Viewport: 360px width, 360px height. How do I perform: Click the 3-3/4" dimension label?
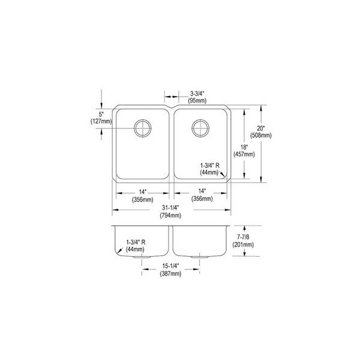tap(197, 94)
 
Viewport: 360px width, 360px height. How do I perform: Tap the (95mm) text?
tap(197, 101)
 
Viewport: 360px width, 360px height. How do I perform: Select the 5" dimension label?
tap(101, 114)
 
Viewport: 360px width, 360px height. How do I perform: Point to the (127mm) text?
tap(101, 121)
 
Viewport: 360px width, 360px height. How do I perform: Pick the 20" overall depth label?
tap(261, 128)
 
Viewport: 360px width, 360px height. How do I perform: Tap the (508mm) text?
tap(261, 136)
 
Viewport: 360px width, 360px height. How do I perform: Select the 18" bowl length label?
tap(244, 147)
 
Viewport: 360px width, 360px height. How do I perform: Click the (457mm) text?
tap(244, 154)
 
